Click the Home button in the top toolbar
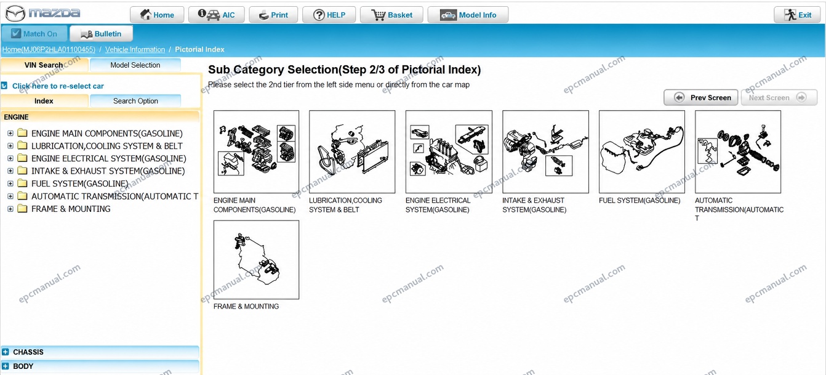coord(157,15)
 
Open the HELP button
coord(329,15)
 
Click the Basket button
coord(391,15)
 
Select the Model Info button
coord(468,15)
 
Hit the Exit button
coord(797,15)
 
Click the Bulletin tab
coord(102,33)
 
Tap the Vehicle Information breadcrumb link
coord(135,49)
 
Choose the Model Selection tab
coord(135,65)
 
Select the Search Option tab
coord(135,100)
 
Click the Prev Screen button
coord(701,97)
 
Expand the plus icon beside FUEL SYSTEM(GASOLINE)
coord(10,183)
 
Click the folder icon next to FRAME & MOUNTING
coord(23,209)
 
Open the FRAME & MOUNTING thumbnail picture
coord(256,260)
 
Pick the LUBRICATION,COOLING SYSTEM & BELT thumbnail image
coord(352,151)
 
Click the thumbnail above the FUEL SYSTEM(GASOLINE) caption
coord(642,151)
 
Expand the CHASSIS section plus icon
coord(5,352)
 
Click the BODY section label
coord(23,366)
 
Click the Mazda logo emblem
coord(15,14)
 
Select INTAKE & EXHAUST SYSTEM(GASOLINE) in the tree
coord(108,171)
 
